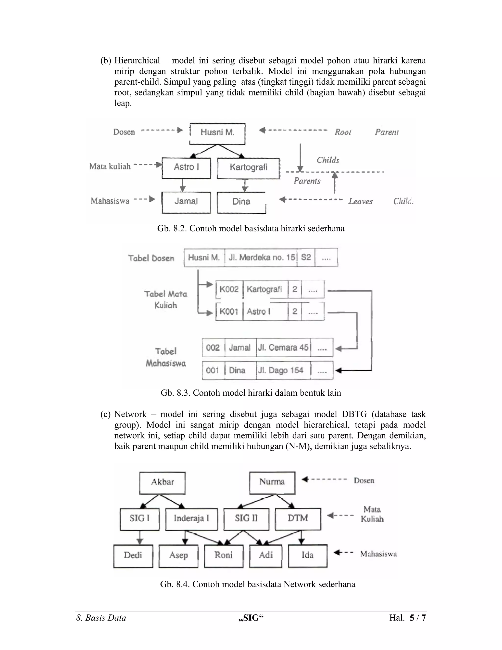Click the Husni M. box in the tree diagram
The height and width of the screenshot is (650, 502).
click(217, 133)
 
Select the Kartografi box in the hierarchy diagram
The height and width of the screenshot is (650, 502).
click(248, 168)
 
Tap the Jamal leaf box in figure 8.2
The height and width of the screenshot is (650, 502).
click(186, 202)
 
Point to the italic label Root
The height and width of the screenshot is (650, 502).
click(343, 132)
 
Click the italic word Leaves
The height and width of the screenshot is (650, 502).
click(360, 201)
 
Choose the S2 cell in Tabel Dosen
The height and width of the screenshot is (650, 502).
click(306, 258)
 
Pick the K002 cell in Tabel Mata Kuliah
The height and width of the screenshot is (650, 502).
click(229, 289)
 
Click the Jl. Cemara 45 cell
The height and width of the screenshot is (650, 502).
click(283, 348)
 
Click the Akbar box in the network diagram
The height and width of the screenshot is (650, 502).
click(162, 481)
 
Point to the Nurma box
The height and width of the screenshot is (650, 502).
click(272, 481)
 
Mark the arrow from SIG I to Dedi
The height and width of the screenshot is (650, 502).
click(139, 538)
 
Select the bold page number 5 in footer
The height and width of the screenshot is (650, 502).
click(412, 618)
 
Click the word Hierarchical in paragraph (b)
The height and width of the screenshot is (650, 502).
click(137, 61)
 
